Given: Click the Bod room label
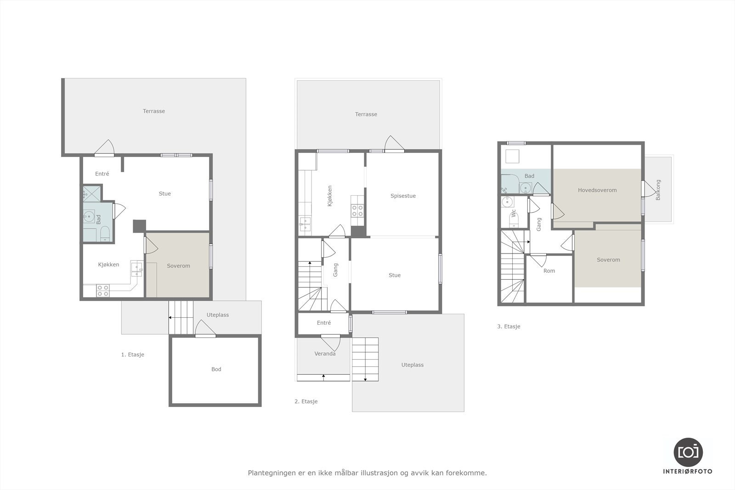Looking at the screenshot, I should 216,369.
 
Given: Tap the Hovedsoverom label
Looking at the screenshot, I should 597,190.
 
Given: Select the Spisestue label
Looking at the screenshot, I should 403,196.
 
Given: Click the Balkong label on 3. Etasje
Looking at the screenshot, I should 658,190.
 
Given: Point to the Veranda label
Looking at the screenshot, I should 325,354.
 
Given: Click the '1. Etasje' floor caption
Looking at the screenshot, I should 132,355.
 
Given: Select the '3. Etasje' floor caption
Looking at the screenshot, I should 509,327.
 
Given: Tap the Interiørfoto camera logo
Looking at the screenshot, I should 688,452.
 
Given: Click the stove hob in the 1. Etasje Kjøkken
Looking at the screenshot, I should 103,290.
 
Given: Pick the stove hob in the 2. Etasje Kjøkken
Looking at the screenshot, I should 357,210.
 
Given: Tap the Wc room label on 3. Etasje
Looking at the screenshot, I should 514,213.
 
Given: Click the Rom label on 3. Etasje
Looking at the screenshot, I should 549,271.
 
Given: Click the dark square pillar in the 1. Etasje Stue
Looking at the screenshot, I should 139,225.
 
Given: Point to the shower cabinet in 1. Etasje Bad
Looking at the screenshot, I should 91,193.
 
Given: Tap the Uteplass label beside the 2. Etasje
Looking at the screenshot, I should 412,365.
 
